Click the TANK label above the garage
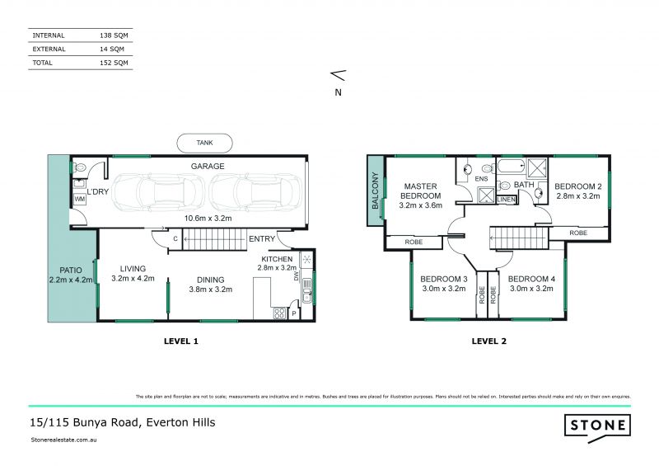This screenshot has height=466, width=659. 204,143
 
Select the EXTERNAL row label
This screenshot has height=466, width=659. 49,49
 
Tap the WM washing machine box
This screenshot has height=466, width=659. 80,200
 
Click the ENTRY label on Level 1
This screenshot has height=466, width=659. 261,239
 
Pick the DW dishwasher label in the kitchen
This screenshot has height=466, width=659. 297,278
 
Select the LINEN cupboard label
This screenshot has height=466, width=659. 507,200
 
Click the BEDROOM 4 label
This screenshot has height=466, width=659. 530,279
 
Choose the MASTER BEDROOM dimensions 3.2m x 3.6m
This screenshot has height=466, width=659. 420,206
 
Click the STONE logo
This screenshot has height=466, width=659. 597,426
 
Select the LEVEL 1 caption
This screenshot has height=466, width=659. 181,341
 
